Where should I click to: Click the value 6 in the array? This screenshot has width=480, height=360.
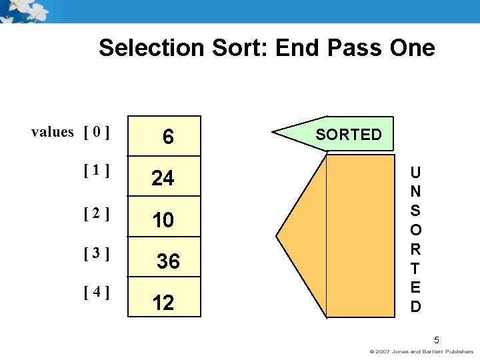click(x=168, y=137)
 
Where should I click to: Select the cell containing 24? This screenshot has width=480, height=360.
click(x=163, y=178)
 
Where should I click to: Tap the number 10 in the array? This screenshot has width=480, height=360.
click(x=163, y=220)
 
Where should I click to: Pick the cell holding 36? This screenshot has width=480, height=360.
click(x=168, y=261)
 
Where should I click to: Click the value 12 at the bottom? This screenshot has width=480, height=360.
click(x=163, y=303)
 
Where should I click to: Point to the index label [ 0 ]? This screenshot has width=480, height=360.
click(x=97, y=132)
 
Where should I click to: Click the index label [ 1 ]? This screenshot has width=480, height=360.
click(x=97, y=170)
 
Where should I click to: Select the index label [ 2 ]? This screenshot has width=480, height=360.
click(x=97, y=214)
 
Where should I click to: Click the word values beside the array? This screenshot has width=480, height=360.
click(x=52, y=132)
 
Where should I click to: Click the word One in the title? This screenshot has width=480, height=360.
click(x=413, y=48)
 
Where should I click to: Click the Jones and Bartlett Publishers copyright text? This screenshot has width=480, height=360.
click(x=422, y=351)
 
